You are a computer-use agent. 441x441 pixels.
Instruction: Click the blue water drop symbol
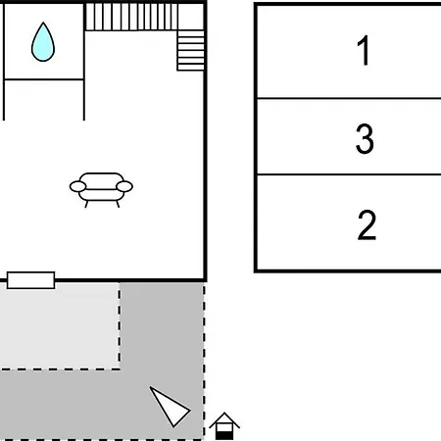pyautogui.click(x=43, y=42)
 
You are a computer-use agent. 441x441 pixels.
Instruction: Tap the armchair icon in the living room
pyautogui.click(x=101, y=190)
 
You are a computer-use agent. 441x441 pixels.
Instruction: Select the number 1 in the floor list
pyautogui.click(x=364, y=50)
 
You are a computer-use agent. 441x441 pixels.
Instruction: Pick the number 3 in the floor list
pyautogui.click(x=365, y=138)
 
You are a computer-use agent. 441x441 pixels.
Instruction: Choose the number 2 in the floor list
pyautogui.click(x=367, y=225)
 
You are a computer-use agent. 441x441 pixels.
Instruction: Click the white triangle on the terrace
pyautogui.click(x=169, y=406)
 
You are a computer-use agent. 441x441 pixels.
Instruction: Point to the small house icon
pyautogui.click(x=224, y=426)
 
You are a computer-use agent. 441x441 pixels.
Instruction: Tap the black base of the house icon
pyautogui.click(x=224, y=435)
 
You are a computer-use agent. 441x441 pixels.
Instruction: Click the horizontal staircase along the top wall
pyautogui.click(x=131, y=17)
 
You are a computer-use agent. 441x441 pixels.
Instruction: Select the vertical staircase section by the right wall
pyautogui.click(x=191, y=50)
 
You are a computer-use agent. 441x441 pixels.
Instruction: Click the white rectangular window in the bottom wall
pyautogui.click(x=30, y=280)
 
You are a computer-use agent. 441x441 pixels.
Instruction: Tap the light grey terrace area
pyautogui.click(x=60, y=326)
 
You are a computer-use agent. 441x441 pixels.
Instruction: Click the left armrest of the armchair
pyautogui.click(x=77, y=186)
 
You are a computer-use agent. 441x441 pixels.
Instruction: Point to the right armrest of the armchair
pyautogui.click(x=124, y=186)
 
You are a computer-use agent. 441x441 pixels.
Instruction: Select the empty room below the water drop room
pyautogui.click(x=44, y=100)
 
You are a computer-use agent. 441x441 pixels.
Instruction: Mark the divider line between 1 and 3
pyautogui.click(x=349, y=98)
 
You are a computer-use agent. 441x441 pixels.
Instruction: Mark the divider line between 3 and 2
pyautogui.click(x=349, y=174)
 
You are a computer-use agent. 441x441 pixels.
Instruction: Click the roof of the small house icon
pyautogui.click(x=224, y=419)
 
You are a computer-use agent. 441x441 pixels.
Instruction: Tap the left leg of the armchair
pyautogui.click(x=86, y=204)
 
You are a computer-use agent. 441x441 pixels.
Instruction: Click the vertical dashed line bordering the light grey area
pyautogui.click(x=120, y=326)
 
